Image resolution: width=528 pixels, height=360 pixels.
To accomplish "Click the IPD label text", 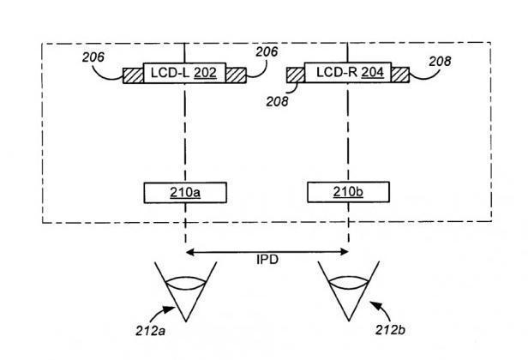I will [267, 259].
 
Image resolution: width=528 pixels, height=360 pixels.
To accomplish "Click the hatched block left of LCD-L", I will [133, 75].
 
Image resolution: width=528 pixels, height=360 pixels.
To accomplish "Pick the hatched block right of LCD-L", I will [235, 75].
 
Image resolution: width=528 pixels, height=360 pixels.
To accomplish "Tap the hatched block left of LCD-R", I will [294, 75].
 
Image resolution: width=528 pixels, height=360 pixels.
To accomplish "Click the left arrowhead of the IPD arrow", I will [189, 251].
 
